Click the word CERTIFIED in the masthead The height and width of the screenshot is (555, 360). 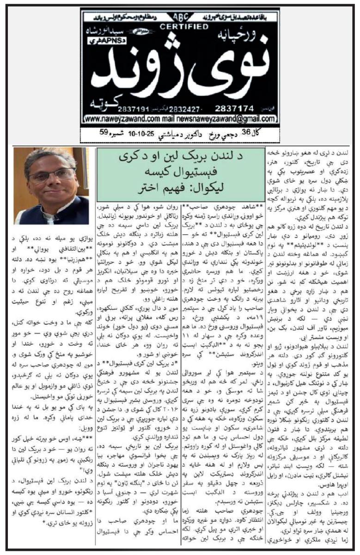coord(178,26)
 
